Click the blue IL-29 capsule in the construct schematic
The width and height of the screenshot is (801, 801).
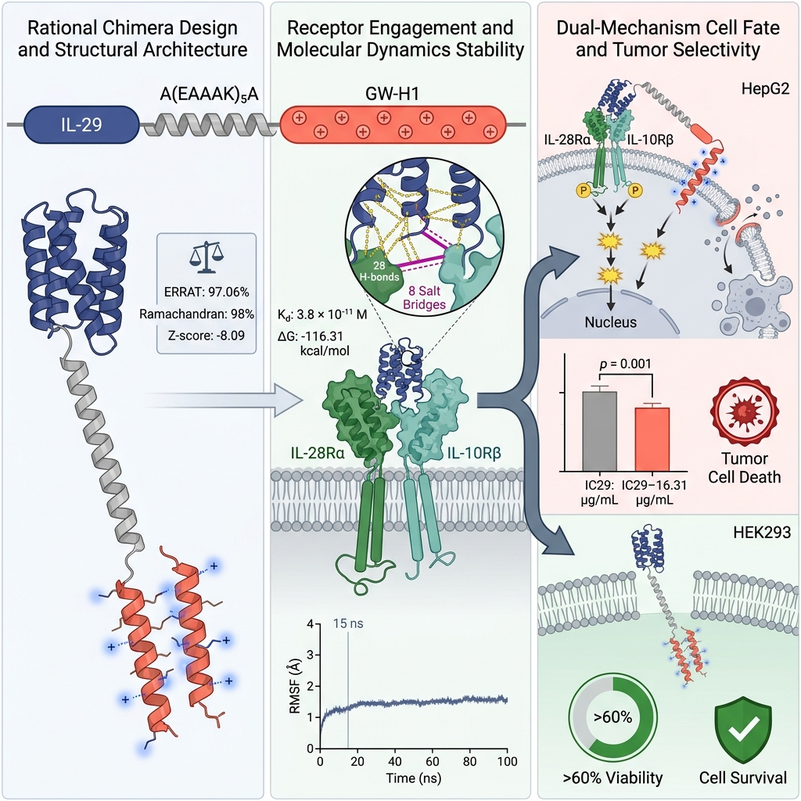tap(81, 124)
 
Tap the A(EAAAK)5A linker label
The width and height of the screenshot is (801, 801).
tap(209, 94)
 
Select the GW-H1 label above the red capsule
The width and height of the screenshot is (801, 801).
tap(392, 94)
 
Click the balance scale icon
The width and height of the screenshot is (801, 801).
tap(206, 257)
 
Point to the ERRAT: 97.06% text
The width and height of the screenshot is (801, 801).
tap(207, 292)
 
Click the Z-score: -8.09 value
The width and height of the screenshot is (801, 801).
tap(207, 335)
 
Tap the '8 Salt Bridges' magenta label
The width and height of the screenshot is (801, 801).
tap(425, 298)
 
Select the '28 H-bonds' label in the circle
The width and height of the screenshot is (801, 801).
tap(379, 271)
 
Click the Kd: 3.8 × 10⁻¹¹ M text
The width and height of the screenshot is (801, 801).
tap(322, 314)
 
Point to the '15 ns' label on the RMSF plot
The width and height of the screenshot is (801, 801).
tap(348, 623)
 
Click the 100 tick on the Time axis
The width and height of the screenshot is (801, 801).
tap(507, 761)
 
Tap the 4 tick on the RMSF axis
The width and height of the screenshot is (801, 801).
tap(310, 623)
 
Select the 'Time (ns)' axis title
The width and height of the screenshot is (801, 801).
tap(413, 778)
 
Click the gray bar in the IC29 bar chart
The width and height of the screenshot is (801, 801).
tap(599, 431)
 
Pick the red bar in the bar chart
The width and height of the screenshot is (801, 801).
tap(652, 440)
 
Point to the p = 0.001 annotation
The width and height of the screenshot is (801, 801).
tap(625, 364)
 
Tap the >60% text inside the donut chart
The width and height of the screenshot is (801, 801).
tap(613, 717)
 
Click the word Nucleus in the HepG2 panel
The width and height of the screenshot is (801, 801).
tap(610, 321)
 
